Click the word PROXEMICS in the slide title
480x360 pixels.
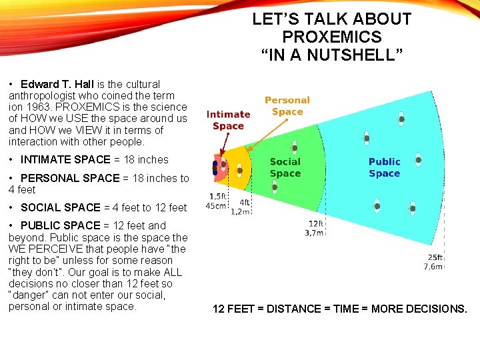[331, 37]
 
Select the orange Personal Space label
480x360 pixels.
[287, 106]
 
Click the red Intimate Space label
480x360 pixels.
[228, 120]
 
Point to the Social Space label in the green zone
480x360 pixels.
[285, 167]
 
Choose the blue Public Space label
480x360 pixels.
[384, 167]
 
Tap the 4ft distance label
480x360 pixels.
[244, 203]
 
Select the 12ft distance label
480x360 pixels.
[316, 223]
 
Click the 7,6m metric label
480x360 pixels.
[433, 266]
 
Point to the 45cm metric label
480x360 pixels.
[216, 205]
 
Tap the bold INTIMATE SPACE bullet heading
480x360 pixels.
[65, 159]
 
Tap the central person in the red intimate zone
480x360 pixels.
[215, 168]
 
